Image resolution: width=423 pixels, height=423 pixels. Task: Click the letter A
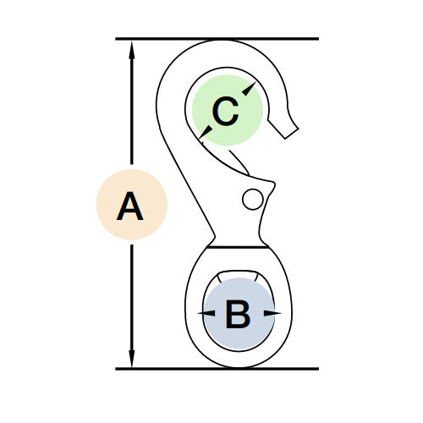(130, 206)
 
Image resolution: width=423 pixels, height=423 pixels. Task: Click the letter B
(238, 315)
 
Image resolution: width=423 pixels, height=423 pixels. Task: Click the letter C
(225, 111)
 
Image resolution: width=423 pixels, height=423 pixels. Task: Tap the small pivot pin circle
(253, 200)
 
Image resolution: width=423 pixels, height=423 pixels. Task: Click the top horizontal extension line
(217, 39)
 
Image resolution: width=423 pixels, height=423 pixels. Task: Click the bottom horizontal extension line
(217, 369)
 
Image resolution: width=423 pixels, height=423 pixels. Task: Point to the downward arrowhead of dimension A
(132, 359)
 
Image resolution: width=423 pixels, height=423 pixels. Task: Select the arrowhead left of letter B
(206, 313)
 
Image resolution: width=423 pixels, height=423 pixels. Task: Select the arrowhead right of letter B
(272, 313)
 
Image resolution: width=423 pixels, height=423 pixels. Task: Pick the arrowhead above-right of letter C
(250, 88)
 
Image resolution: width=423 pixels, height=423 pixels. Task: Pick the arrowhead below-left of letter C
(206, 133)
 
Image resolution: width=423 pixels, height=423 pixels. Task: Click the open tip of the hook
(292, 134)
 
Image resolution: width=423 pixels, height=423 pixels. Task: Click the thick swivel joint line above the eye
(238, 247)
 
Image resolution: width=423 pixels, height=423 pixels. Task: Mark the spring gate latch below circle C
(239, 162)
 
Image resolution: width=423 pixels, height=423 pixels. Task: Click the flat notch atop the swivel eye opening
(239, 272)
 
